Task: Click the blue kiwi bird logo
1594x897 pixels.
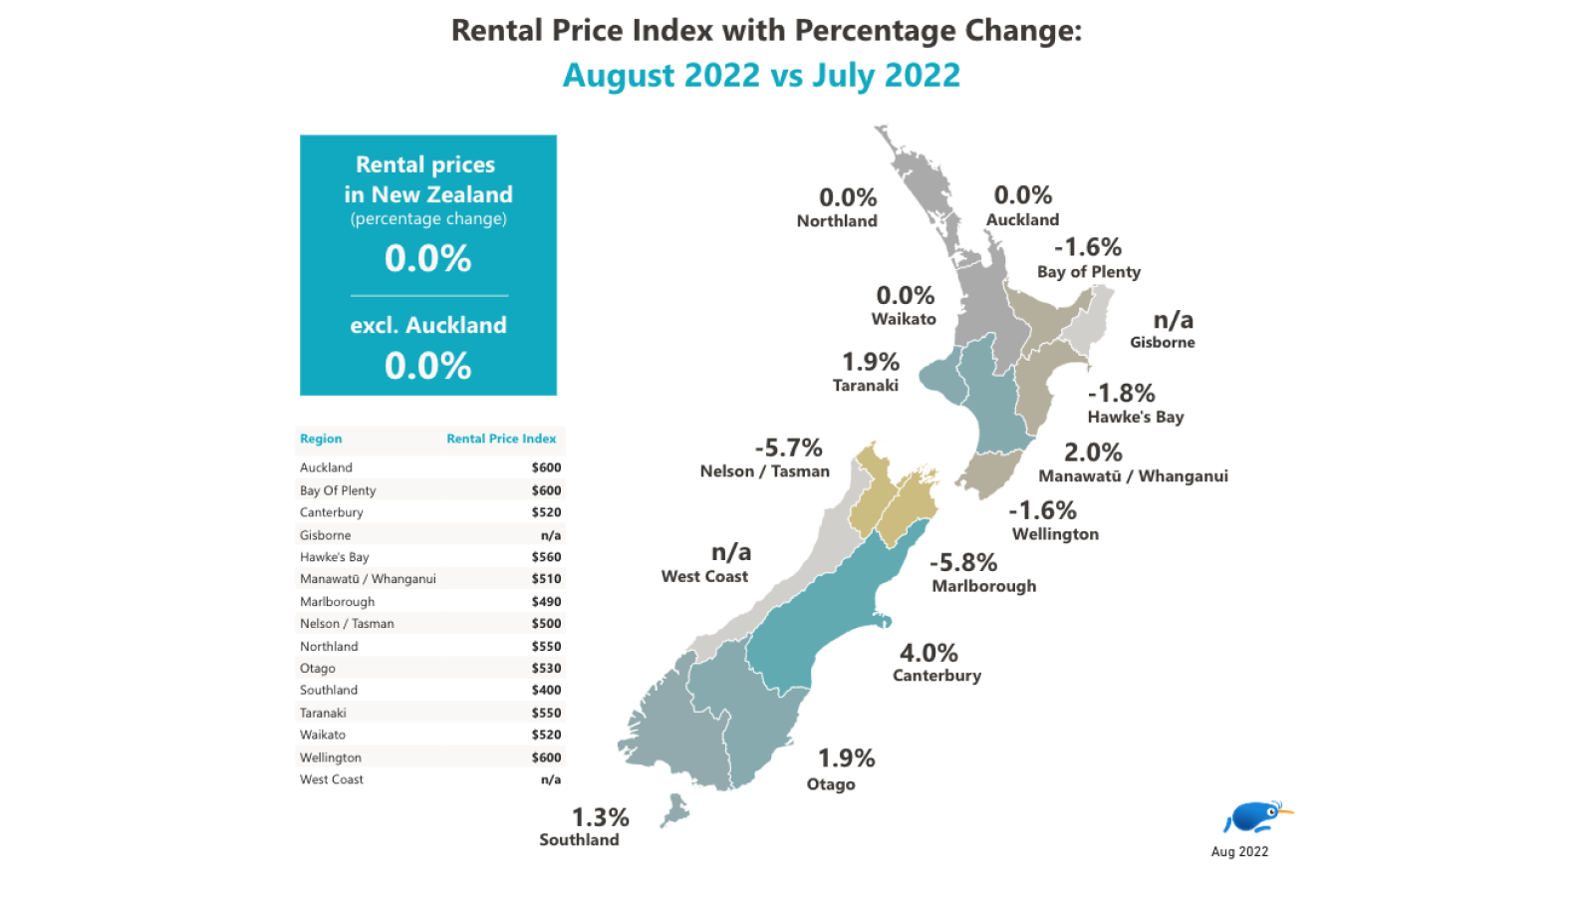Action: (x=1256, y=817)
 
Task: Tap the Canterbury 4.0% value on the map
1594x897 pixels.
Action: (x=929, y=653)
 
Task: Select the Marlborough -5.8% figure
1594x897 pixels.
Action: (x=963, y=562)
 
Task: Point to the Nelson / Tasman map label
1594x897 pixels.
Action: (x=764, y=471)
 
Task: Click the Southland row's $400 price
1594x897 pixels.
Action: (x=546, y=690)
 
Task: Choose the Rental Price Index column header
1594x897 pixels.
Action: (x=501, y=439)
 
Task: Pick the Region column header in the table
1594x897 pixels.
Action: (x=321, y=439)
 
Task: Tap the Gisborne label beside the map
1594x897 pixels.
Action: (x=1162, y=342)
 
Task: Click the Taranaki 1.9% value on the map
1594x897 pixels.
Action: (x=871, y=361)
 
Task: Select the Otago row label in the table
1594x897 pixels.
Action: (x=318, y=668)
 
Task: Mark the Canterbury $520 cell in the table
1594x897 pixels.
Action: (x=546, y=512)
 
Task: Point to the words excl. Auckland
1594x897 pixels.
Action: (x=428, y=325)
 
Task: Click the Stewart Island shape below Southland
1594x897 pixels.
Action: (x=675, y=809)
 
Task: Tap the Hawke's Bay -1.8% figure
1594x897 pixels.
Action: (x=1121, y=393)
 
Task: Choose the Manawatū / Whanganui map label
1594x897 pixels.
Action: (x=1133, y=476)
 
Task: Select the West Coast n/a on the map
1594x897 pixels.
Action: (x=731, y=552)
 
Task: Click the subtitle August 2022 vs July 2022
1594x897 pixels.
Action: (x=761, y=75)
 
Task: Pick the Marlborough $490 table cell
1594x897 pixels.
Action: (x=546, y=601)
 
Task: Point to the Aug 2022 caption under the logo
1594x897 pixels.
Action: (x=1239, y=851)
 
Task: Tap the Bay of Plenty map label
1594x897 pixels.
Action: (x=1088, y=272)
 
